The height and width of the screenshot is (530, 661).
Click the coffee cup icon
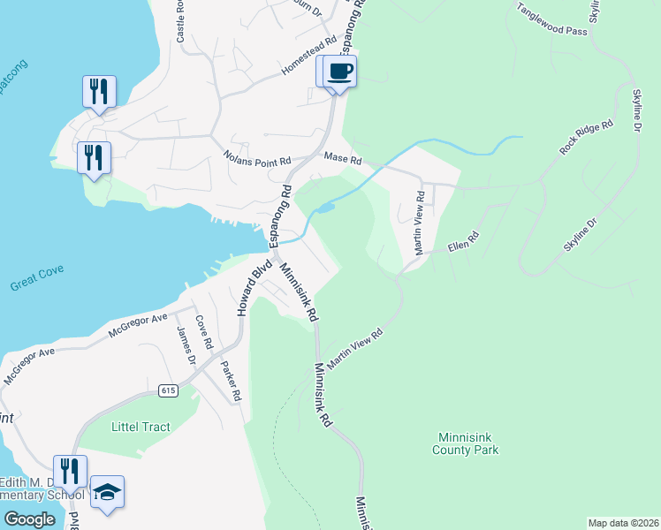point(339,71)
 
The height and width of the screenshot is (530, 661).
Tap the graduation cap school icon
point(107,492)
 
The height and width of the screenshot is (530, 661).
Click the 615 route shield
point(169,390)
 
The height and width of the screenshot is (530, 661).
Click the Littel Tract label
point(141,427)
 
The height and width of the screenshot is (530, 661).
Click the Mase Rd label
point(343,159)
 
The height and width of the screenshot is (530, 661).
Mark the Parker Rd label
point(230,381)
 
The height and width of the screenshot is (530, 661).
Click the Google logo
point(30,519)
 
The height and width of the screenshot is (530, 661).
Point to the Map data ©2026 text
point(623,523)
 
